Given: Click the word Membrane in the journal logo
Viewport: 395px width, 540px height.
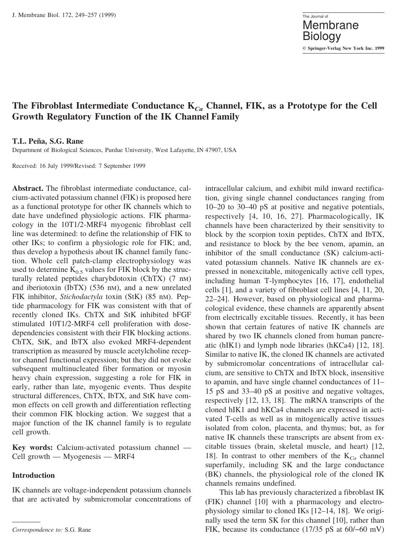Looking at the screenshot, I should (x=330, y=25).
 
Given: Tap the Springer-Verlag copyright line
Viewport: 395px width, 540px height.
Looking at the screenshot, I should (x=343, y=48).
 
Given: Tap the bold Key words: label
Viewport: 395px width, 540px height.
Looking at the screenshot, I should (x=32, y=448).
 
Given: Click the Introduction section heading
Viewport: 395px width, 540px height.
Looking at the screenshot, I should (x=33, y=475).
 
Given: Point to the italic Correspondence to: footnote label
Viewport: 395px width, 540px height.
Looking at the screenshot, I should (x=37, y=530).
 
